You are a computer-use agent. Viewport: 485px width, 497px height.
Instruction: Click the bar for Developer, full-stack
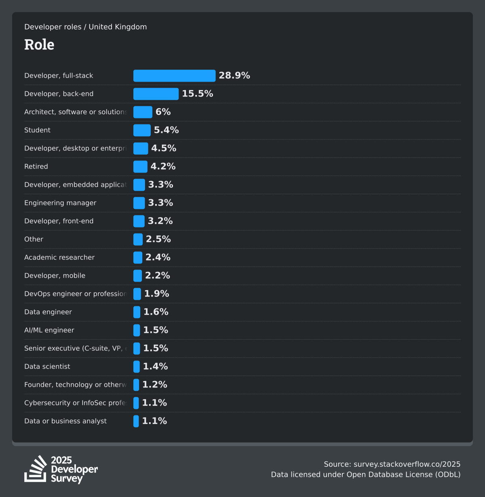(x=174, y=76)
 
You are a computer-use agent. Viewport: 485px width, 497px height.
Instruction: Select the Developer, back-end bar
(x=156, y=94)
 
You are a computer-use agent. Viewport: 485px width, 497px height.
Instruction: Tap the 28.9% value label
(x=234, y=76)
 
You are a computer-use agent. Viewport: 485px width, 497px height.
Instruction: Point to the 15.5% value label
(x=197, y=94)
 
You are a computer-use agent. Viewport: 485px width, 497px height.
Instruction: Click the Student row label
(x=37, y=130)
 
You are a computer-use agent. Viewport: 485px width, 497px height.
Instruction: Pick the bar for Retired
(x=140, y=166)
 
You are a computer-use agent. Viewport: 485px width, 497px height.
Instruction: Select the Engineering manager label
(x=60, y=203)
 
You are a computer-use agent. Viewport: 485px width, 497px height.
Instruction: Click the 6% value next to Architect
(x=163, y=112)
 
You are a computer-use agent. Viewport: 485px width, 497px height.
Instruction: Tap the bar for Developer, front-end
(x=139, y=221)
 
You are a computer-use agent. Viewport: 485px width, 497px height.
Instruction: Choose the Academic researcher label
(x=59, y=257)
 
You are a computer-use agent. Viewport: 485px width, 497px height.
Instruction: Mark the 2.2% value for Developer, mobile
(x=157, y=276)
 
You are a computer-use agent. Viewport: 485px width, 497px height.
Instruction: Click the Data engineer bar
(x=137, y=312)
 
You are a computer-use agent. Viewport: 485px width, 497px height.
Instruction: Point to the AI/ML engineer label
(x=49, y=330)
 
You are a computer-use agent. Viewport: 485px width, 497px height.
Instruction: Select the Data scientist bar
(x=137, y=366)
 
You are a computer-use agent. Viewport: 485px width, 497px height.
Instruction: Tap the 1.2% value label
(x=154, y=385)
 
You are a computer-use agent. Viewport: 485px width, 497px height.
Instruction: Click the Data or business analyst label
(x=65, y=421)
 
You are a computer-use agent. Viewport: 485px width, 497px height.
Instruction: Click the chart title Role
(x=39, y=44)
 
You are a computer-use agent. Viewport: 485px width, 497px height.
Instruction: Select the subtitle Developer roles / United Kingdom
(x=85, y=27)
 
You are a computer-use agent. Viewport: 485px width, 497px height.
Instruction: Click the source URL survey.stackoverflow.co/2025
(x=407, y=464)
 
